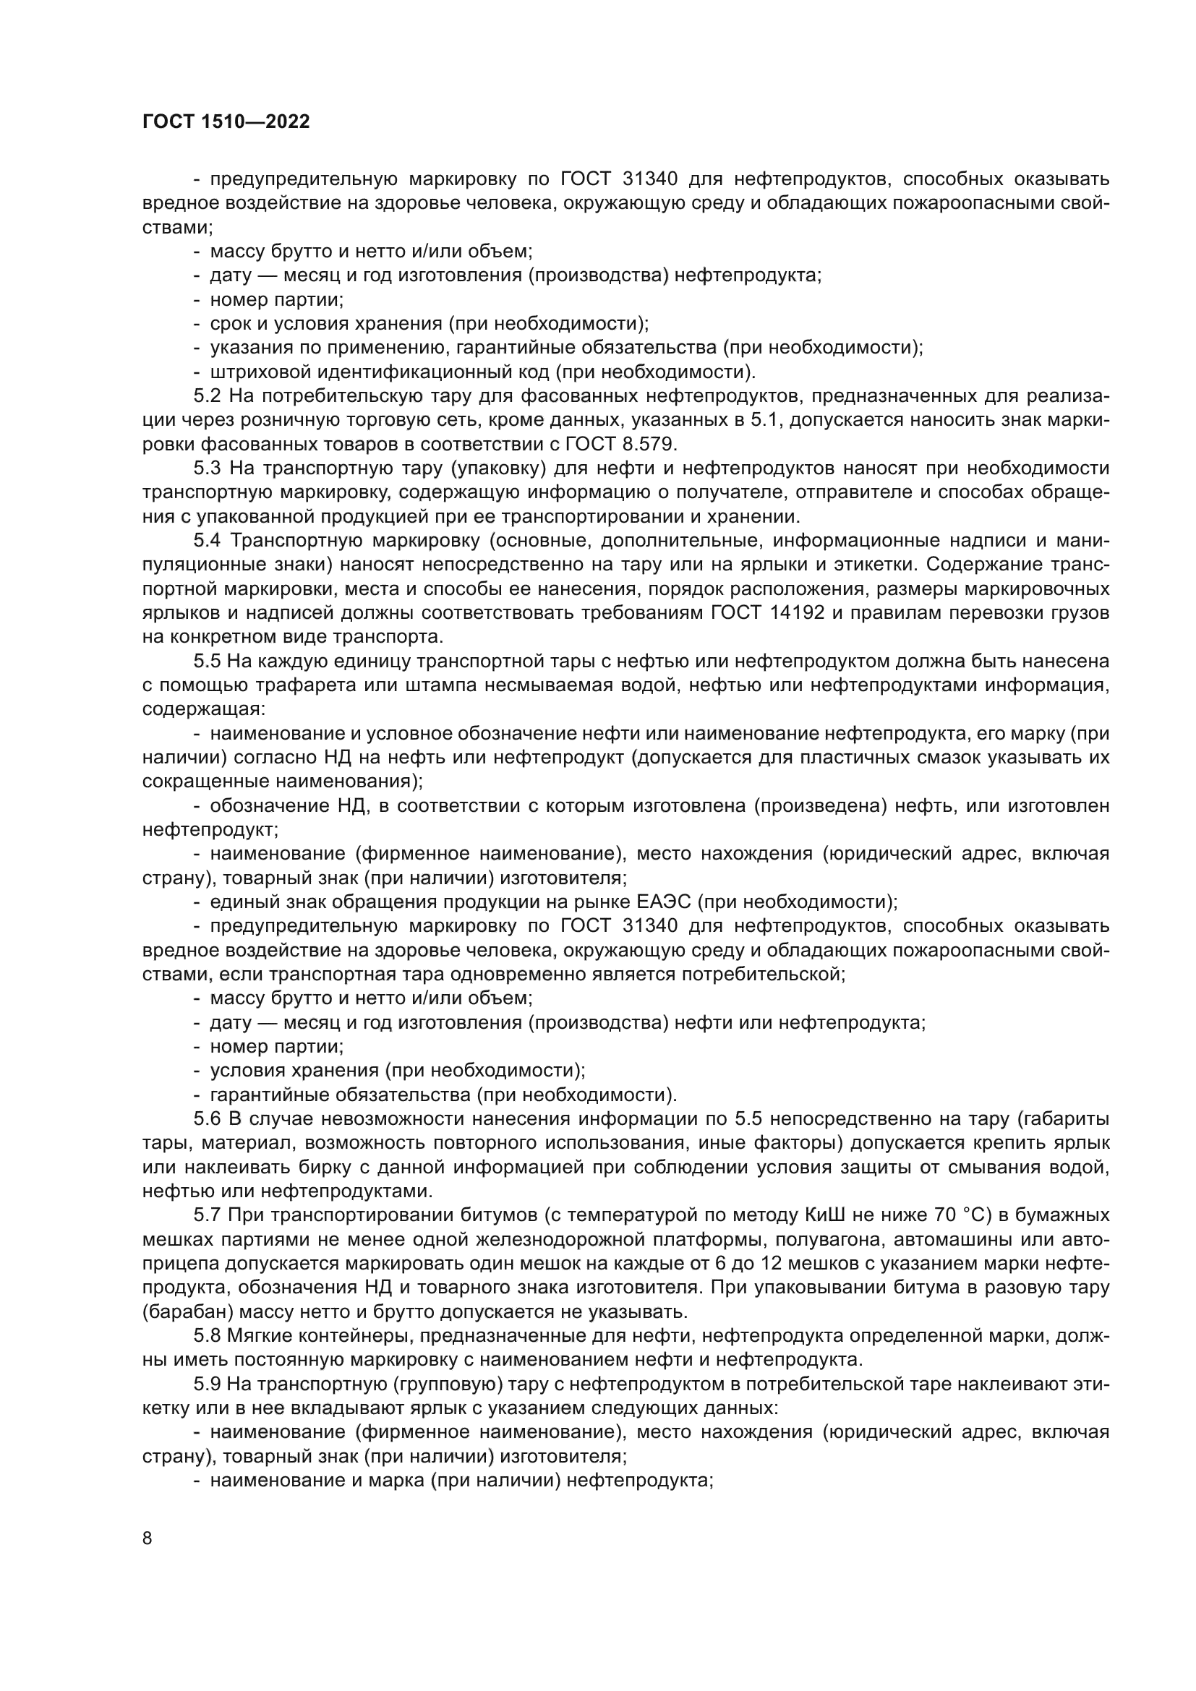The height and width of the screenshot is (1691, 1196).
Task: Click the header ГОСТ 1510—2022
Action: coord(226,122)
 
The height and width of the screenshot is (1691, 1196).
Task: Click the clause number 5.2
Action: coord(207,396)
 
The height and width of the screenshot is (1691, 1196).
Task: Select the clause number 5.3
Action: coord(207,468)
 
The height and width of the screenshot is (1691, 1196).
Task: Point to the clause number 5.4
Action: coord(207,541)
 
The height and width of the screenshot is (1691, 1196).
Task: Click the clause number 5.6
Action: coord(207,1118)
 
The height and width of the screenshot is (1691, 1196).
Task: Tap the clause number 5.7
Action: coord(207,1215)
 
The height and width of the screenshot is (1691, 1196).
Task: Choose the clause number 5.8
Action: coord(207,1335)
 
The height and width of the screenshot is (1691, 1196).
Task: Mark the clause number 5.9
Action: coord(207,1383)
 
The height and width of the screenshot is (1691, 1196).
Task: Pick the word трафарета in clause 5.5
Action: coord(274,685)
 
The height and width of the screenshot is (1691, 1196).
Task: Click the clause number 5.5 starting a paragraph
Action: coord(207,662)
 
